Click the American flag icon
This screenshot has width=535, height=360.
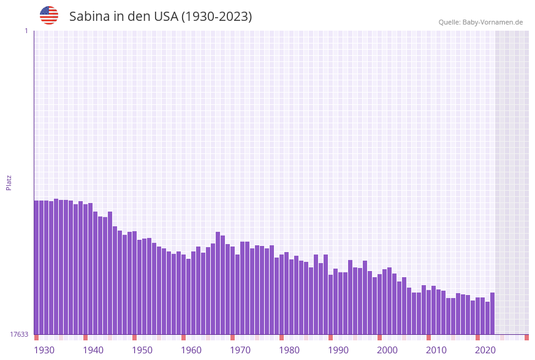click(x=49, y=15)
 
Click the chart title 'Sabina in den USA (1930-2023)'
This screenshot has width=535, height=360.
click(x=161, y=17)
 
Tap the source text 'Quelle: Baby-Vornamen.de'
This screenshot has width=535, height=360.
click(x=480, y=22)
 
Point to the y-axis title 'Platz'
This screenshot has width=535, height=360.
click(x=9, y=183)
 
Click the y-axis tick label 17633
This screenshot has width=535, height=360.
click(x=19, y=334)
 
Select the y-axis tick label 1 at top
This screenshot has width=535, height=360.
click(x=26, y=31)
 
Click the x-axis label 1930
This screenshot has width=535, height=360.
click(x=44, y=350)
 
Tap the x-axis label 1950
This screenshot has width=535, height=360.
click(x=142, y=350)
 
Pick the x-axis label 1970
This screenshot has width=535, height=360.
click(x=240, y=350)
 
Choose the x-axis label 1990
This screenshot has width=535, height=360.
click(x=338, y=350)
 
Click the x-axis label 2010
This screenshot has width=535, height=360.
click(x=436, y=350)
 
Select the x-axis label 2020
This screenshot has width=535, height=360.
click(x=485, y=350)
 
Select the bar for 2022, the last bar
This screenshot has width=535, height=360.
click(x=492, y=313)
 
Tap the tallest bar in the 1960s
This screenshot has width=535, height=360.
click(x=218, y=283)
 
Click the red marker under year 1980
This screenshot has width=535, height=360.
click(x=281, y=337)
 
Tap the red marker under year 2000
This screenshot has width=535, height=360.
click(x=379, y=337)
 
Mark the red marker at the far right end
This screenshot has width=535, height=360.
click(x=526, y=337)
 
